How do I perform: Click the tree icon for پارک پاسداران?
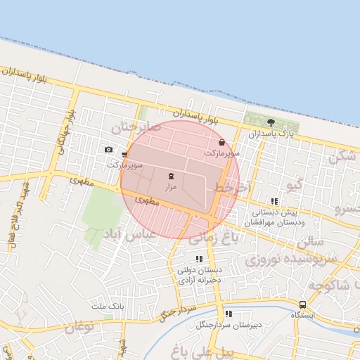[x=271, y=122]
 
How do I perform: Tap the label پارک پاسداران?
[x=270, y=133]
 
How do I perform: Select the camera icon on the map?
[x=108, y=149]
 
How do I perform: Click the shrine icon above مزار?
[x=172, y=176]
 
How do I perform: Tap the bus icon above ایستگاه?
[x=302, y=304]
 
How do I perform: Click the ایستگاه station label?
[x=303, y=315]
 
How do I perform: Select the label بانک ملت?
[x=108, y=307]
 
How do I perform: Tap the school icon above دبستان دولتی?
[x=199, y=259]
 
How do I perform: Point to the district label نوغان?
[x=79, y=327]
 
